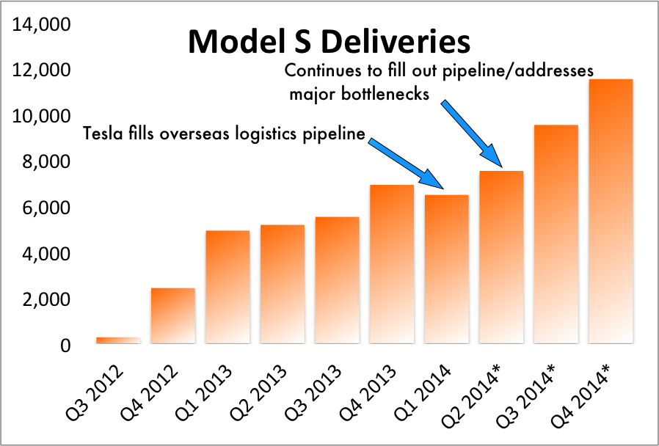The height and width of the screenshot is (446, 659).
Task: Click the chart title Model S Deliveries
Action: (329, 41)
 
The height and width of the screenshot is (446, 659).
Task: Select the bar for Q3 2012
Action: (117, 340)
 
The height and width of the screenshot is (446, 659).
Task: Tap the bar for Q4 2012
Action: (172, 315)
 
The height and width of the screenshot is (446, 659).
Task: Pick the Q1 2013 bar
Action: (227, 287)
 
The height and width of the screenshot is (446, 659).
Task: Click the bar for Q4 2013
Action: (391, 264)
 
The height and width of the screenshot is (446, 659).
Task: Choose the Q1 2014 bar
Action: (446, 269)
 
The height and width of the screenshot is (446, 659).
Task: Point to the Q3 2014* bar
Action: (556, 234)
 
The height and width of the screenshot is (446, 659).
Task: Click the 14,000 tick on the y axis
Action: (43, 26)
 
